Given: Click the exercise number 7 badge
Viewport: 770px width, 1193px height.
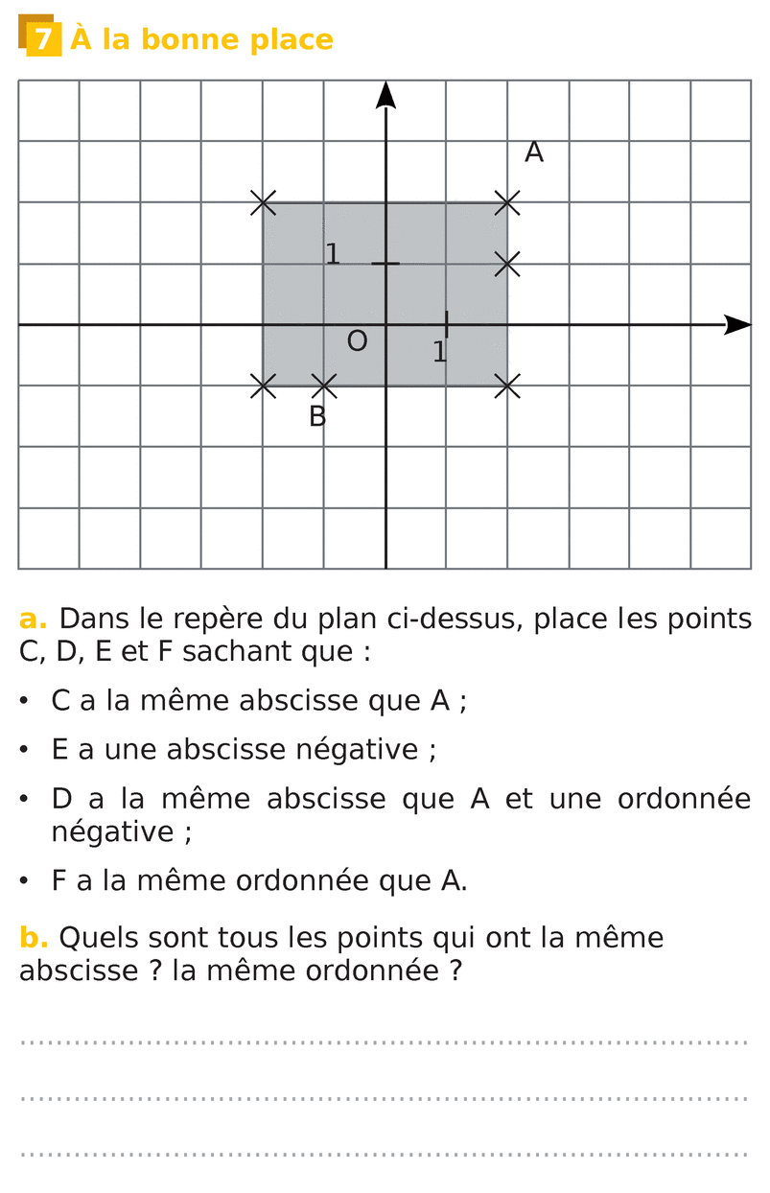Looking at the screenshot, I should click(x=42, y=38).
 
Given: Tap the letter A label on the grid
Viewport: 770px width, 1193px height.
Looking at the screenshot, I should click(x=534, y=152).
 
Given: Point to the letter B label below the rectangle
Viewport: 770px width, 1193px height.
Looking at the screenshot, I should click(x=317, y=417).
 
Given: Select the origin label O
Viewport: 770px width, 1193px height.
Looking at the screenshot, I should click(x=357, y=341).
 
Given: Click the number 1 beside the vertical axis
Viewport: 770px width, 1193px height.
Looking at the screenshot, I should click(x=333, y=255).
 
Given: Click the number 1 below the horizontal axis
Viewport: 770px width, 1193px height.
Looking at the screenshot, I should click(x=439, y=353).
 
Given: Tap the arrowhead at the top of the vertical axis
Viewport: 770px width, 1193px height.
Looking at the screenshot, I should click(x=385, y=94).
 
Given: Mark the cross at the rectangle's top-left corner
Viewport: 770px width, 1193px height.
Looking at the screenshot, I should click(x=263, y=202).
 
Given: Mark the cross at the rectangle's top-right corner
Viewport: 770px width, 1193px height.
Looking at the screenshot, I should click(x=507, y=202).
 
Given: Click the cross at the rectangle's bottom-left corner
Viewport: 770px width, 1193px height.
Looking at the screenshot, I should click(x=263, y=386).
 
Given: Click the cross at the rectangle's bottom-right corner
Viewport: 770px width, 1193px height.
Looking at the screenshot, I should click(x=507, y=386).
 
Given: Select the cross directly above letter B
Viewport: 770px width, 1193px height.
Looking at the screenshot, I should click(x=324, y=386).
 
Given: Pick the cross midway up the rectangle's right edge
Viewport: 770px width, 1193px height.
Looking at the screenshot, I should click(x=507, y=264).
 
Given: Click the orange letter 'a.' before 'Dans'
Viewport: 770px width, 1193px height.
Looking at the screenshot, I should click(x=33, y=620).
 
